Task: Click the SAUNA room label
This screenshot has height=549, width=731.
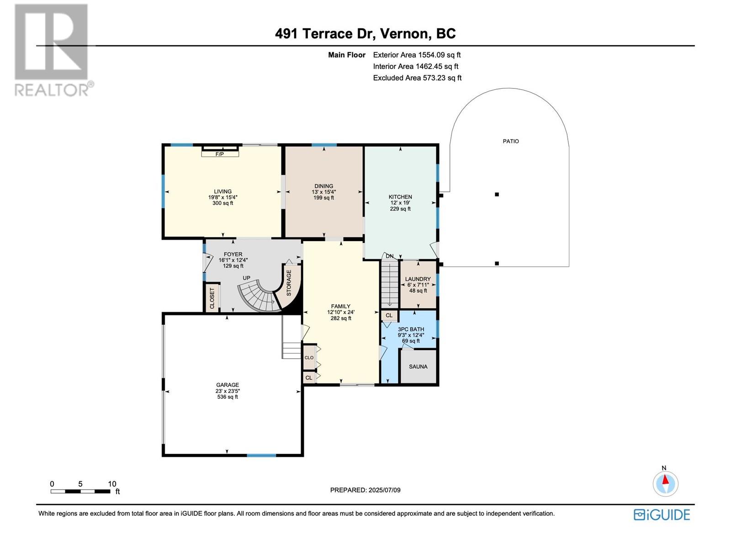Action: tap(418, 366)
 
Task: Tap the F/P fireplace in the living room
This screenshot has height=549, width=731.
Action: tap(220, 152)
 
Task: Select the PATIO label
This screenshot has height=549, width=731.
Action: tap(510, 141)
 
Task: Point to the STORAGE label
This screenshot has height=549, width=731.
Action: tap(289, 283)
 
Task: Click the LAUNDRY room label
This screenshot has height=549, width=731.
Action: tap(418, 279)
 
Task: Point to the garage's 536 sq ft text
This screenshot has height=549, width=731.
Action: tap(228, 397)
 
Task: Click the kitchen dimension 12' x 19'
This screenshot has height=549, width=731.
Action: tap(400, 203)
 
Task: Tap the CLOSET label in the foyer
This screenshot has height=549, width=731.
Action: tap(212, 298)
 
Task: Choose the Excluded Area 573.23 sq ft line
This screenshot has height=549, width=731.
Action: tap(417, 78)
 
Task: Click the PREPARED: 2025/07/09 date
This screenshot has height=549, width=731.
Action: tap(365, 490)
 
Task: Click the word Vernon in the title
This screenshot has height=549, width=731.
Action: tap(404, 34)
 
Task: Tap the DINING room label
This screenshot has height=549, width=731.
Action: tap(324, 186)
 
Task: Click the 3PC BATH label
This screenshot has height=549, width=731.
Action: tap(411, 329)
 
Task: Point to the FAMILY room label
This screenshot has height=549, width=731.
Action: tap(340, 307)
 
